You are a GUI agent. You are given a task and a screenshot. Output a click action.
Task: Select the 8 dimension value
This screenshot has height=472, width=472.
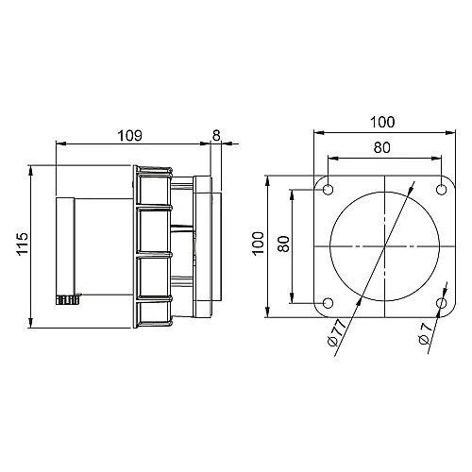pos(216,136)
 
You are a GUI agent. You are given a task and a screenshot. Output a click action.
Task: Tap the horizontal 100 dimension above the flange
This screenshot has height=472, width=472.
pos(384,123)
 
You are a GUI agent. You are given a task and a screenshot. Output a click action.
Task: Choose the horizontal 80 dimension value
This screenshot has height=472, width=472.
pos(384,147)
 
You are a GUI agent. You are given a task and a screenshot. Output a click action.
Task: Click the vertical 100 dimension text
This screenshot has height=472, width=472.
pos(258,246)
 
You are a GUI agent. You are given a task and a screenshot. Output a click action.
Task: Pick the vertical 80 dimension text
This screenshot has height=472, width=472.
pos(282,246)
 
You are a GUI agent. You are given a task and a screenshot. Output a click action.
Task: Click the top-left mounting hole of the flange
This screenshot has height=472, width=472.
pos(328,191)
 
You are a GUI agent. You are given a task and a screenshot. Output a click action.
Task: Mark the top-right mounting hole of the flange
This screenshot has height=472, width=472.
pos(442,191)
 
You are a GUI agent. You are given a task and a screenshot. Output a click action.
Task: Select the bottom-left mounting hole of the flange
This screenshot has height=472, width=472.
pos(328,303)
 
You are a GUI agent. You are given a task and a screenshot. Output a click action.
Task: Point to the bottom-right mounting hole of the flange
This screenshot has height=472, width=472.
pos(442,303)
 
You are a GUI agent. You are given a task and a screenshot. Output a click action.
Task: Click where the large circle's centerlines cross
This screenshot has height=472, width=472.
pos(385,247)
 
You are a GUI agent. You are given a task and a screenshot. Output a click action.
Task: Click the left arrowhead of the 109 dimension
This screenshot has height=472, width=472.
pos(61,144)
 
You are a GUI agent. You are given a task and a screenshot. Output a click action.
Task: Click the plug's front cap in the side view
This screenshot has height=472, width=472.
pos(66,245)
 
